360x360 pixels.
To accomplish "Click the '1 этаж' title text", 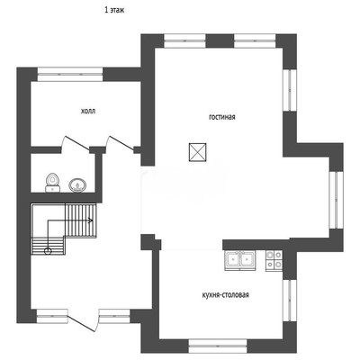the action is point(114,10).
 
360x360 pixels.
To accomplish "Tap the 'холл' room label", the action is point(88,112).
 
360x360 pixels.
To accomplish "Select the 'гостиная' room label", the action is point(222,117).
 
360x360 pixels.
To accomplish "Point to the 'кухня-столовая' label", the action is point(226,295).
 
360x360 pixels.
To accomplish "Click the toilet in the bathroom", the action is point(52,183).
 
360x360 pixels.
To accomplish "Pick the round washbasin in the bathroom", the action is point(77,185).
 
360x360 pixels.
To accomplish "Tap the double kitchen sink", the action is point(240,259).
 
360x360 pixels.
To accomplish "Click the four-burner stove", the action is point(274,259).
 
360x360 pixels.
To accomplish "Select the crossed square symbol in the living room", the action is point(198,152).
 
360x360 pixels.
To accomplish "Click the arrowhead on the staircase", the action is point(90,220).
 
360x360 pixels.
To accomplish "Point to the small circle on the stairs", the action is point(48,251).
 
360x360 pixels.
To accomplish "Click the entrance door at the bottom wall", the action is point(82,321).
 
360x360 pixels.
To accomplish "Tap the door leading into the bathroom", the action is point(75,143).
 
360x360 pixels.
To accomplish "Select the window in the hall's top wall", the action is point(70,74).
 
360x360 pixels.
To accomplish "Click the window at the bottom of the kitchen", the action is point(218,346).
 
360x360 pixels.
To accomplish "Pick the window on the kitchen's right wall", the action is point(290,301).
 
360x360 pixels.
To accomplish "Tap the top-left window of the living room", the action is point(184,40).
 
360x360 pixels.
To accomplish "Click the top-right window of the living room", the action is point(255,40).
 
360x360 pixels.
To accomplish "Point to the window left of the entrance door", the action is point(52,316).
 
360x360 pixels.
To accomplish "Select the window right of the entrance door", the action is point(114,316).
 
